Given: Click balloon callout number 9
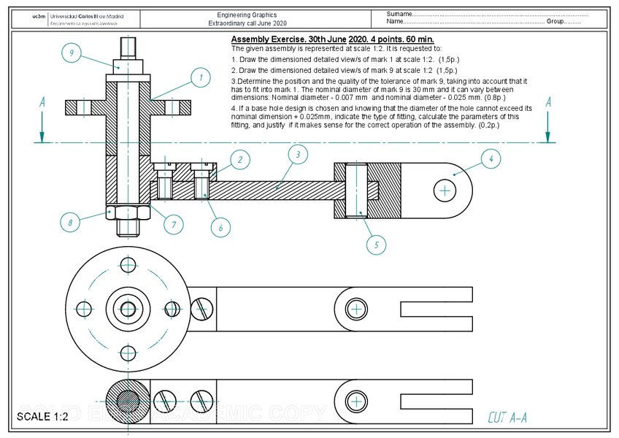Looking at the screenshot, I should click(71, 53).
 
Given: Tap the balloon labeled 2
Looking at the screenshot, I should click(240, 159).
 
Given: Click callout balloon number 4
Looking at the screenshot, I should click(491, 158).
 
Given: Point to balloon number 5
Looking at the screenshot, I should click(375, 245).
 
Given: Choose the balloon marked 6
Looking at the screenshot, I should click(220, 227).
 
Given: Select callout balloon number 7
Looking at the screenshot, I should click(173, 223).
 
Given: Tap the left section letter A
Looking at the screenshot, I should click(42, 103).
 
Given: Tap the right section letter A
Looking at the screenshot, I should click(547, 103).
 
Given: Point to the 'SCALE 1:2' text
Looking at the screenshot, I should click(42, 417).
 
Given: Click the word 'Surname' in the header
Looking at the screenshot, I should click(399, 14).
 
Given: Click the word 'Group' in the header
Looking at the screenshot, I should click(555, 22).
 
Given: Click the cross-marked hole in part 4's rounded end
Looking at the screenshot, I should click(444, 191).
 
